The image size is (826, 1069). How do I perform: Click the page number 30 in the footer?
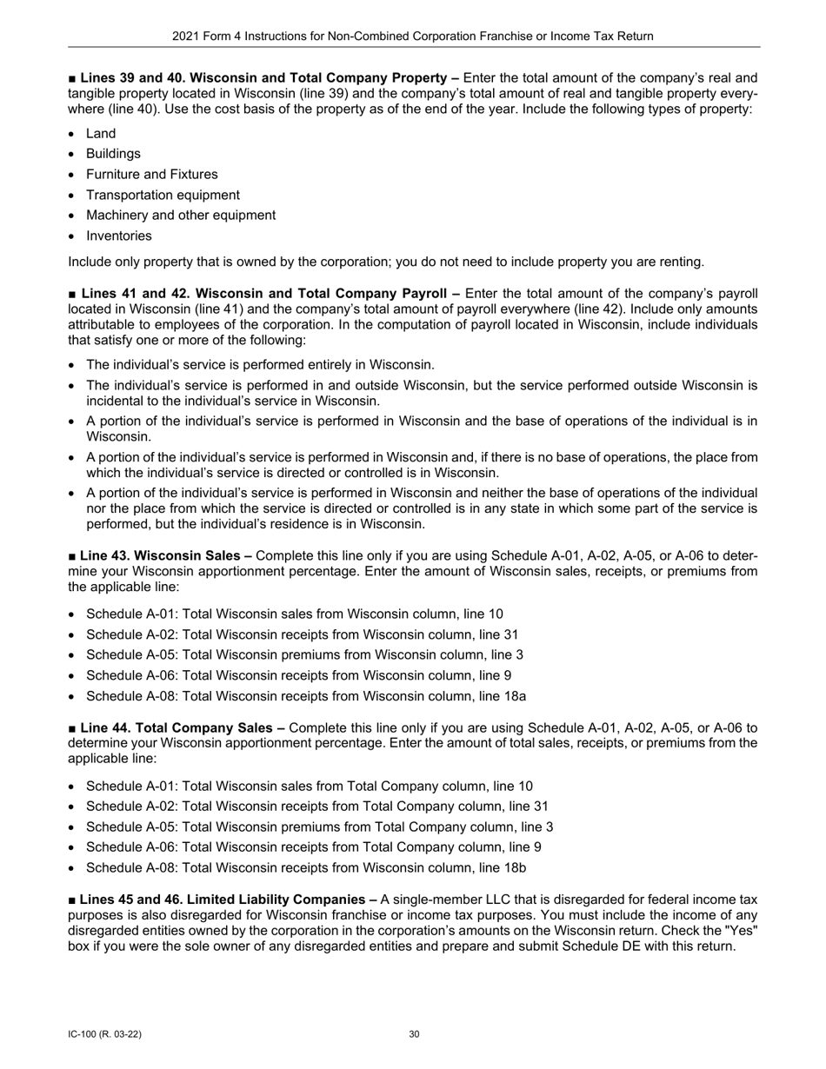414,1034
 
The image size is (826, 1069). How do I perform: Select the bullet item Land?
101,134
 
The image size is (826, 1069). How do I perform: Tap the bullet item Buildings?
113,154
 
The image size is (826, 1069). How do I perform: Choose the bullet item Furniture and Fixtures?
152,175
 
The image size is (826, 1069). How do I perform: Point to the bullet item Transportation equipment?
163,195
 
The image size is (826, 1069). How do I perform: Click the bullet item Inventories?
118,236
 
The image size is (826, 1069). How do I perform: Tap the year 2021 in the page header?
186,37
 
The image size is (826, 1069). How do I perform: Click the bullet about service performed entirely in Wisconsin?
260,365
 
